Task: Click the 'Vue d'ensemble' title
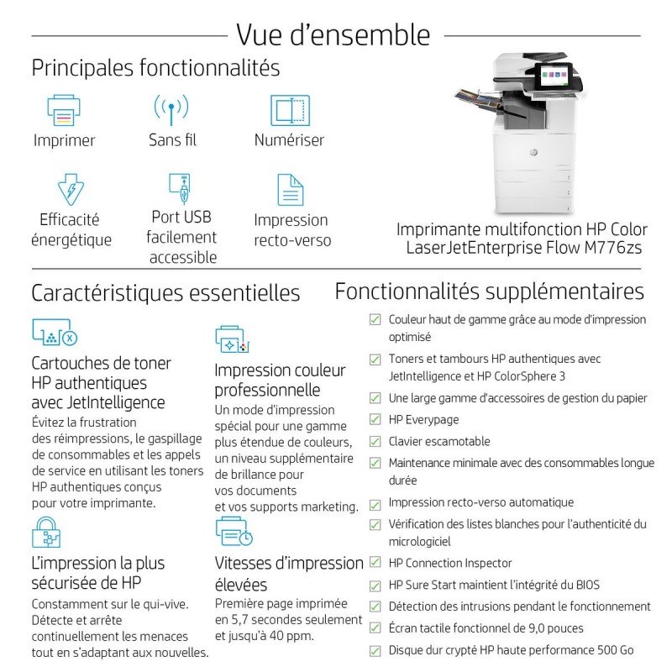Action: click(333, 34)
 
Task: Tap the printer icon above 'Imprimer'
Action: click(65, 110)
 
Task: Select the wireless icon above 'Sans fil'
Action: click(171, 110)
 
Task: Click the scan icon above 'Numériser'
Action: click(290, 110)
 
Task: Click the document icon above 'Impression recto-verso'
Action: click(290, 189)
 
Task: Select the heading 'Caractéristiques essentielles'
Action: click(165, 293)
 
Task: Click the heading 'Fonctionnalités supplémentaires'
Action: click(490, 291)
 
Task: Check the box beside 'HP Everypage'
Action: click(375, 420)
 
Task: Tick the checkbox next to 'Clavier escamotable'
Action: click(375, 442)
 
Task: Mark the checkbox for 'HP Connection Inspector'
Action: click(375, 563)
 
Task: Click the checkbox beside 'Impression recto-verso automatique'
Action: click(375, 502)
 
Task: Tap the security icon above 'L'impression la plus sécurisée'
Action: click(46, 533)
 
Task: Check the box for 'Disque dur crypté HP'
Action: click(375, 650)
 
